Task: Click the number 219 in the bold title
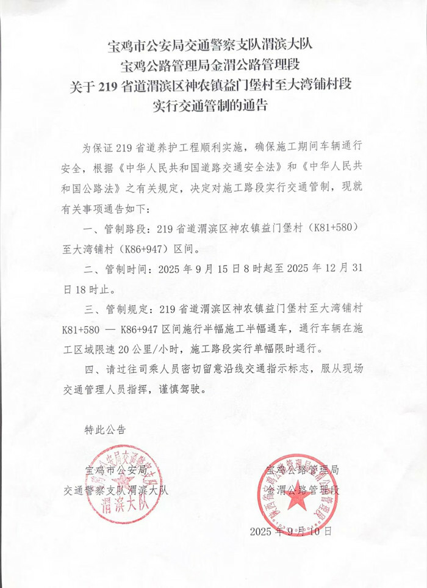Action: point(110,83)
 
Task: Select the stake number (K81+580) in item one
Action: point(330,229)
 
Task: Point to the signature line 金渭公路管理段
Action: point(303,490)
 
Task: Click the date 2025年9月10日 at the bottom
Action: point(291,531)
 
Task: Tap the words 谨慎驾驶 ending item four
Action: point(190,388)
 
